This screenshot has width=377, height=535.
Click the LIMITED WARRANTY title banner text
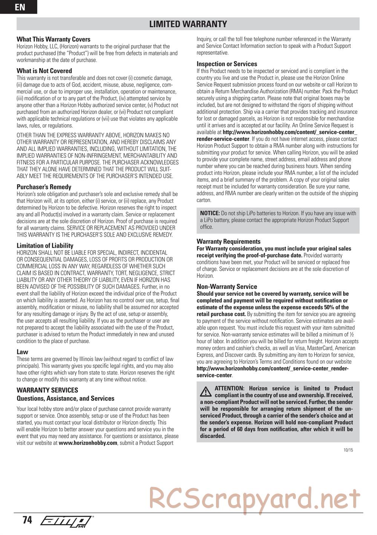(188, 24)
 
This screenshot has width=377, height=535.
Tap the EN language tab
(19, 7)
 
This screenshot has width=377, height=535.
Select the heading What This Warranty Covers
(54, 39)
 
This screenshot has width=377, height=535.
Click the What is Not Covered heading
(44, 71)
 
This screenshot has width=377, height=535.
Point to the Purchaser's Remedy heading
(44, 187)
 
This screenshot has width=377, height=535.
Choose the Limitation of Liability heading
(45, 246)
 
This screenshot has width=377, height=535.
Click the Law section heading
(22, 352)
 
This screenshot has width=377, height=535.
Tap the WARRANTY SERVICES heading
(47, 390)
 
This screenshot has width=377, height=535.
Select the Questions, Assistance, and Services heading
(65, 399)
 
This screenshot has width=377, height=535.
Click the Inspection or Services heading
(227, 64)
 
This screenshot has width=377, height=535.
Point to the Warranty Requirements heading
(228, 242)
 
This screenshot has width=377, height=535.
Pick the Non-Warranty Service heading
(227, 287)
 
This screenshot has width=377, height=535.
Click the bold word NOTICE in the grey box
(210, 213)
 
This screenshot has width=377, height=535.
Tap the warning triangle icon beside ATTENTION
(206, 391)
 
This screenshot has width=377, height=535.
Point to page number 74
(27, 520)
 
